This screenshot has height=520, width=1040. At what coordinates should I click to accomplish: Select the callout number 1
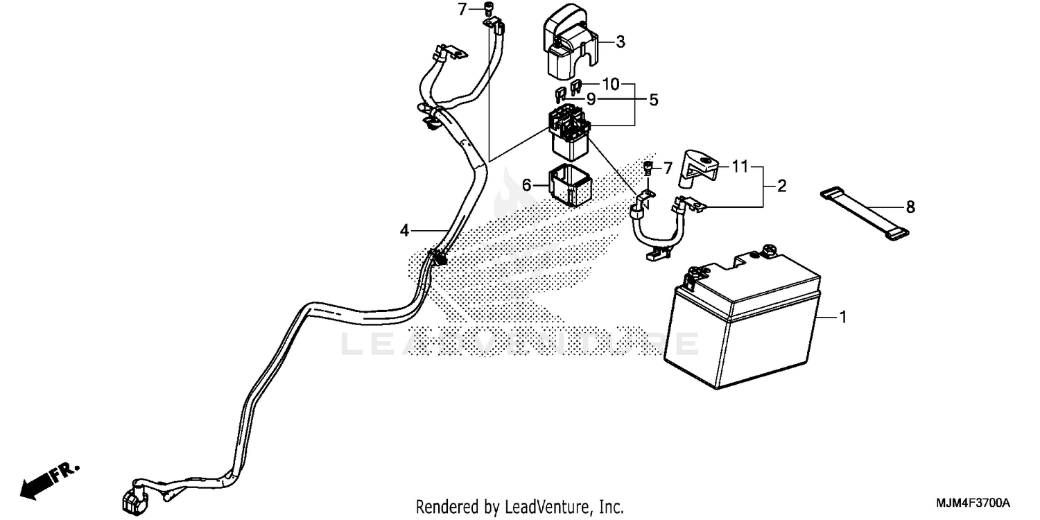pyautogui.click(x=842, y=318)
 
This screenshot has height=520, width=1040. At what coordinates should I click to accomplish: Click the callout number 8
pyautogui.click(x=910, y=207)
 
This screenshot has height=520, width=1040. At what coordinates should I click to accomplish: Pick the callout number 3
pyautogui.click(x=620, y=42)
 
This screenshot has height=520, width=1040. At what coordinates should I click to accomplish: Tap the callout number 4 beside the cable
pyautogui.click(x=405, y=231)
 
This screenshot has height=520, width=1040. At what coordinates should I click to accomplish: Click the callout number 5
pyautogui.click(x=653, y=100)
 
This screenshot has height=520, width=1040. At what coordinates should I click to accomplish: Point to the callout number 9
pyautogui.click(x=591, y=99)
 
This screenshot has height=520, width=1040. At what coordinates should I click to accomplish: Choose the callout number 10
pyautogui.click(x=610, y=85)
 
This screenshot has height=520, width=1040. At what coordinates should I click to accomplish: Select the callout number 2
pyautogui.click(x=781, y=186)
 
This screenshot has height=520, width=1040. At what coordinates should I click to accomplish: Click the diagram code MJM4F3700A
pyautogui.click(x=974, y=503)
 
